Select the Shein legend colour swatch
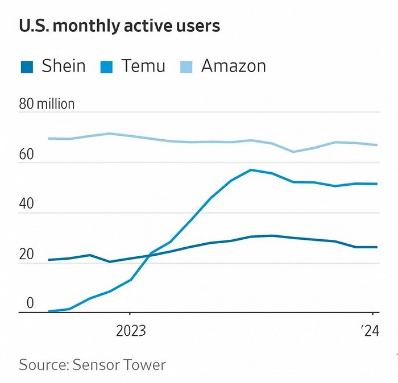tap(26, 66)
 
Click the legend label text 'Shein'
tap(63, 66)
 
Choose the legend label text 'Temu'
tap(143, 66)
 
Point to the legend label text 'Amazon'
tap(233, 66)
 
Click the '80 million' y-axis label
tap(47, 104)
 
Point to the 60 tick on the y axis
tap(26, 155)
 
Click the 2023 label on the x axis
tap(131, 331)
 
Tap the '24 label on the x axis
tap(369, 331)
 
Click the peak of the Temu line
tap(251, 170)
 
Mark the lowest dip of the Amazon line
tap(292, 152)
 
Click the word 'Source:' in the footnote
tap(43, 364)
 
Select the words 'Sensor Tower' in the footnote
tap(119, 364)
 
